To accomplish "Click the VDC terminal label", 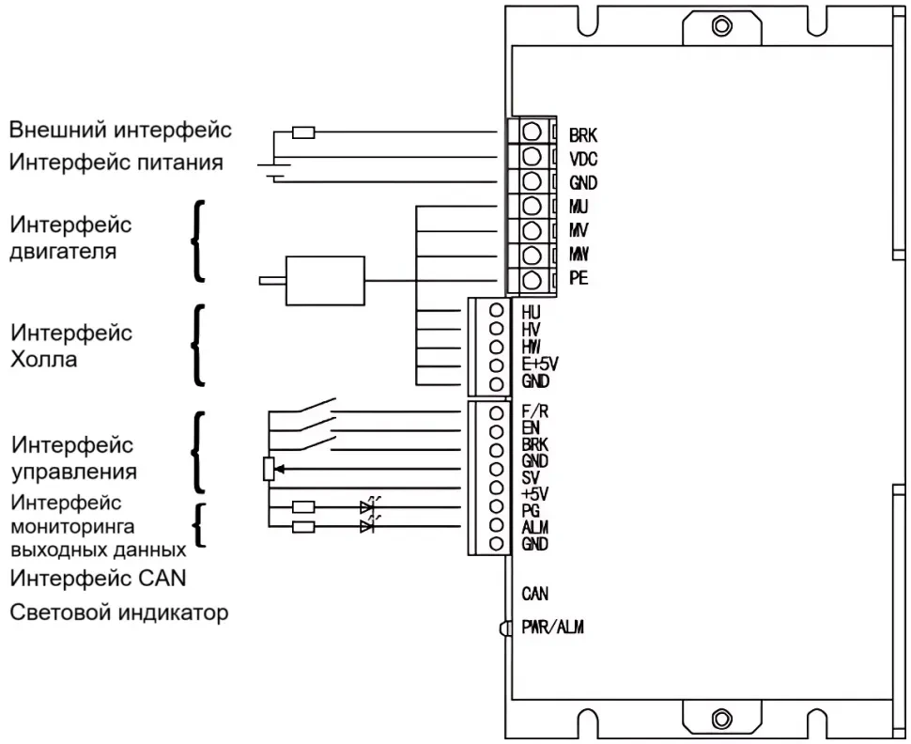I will pyautogui.click(x=584, y=158).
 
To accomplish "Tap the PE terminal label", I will pyautogui.click(x=579, y=278).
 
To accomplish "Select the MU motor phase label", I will pyautogui.click(x=579, y=206).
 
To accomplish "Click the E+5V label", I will pyautogui.click(x=539, y=364).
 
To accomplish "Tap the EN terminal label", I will pyautogui.click(x=529, y=426).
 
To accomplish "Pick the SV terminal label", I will pyautogui.click(x=529, y=477).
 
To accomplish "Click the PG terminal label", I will pyautogui.click(x=530, y=510).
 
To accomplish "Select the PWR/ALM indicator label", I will pyautogui.click(x=552, y=628).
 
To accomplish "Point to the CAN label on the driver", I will pyautogui.click(x=534, y=594).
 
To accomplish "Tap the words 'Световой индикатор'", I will pyautogui.click(x=119, y=613).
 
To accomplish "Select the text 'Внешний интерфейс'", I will pyautogui.click(x=120, y=129).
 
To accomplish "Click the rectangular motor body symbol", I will pyautogui.click(x=324, y=280).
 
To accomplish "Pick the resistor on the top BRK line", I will pyautogui.click(x=303, y=132).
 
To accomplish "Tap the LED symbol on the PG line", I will pyautogui.click(x=367, y=508).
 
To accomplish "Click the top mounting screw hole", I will pyautogui.click(x=721, y=25).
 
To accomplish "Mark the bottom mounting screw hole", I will pyautogui.click(x=721, y=721).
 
